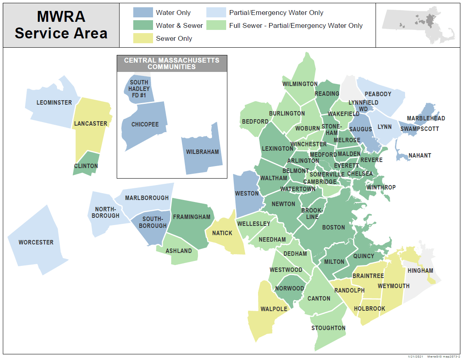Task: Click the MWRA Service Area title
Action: (x=61, y=25)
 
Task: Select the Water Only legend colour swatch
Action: (x=143, y=13)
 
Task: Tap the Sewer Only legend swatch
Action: (x=143, y=38)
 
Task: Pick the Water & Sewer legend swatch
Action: (x=143, y=25)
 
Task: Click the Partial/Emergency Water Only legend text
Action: (x=276, y=13)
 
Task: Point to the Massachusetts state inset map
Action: (x=418, y=25)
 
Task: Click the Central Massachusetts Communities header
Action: (x=172, y=63)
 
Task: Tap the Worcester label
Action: (x=36, y=242)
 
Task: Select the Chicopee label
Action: (x=145, y=124)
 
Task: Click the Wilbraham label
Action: (x=202, y=152)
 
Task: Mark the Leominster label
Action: (x=54, y=103)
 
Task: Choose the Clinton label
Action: (x=86, y=166)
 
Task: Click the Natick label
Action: (x=222, y=233)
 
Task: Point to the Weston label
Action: (x=247, y=194)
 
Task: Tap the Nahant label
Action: (x=420, y=156)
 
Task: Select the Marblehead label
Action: (x=426, y=118)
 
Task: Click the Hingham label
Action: (x=420, y=271)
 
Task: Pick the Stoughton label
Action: (x=328, y=328)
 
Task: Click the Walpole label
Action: (x=274, y=309)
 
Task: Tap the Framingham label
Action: (x=191, y=217)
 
